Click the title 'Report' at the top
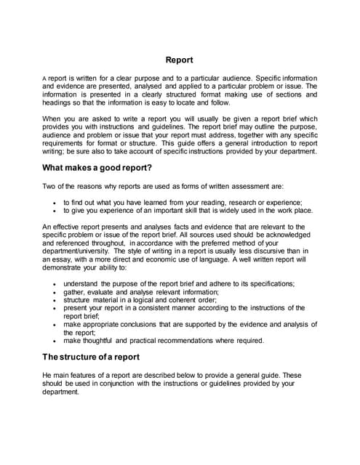pyautogui.click(x=180, y=60)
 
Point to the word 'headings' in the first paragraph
pyautogui.click(x=60, y=102)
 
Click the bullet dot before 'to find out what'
pyautogui.click(x=55, y=203)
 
